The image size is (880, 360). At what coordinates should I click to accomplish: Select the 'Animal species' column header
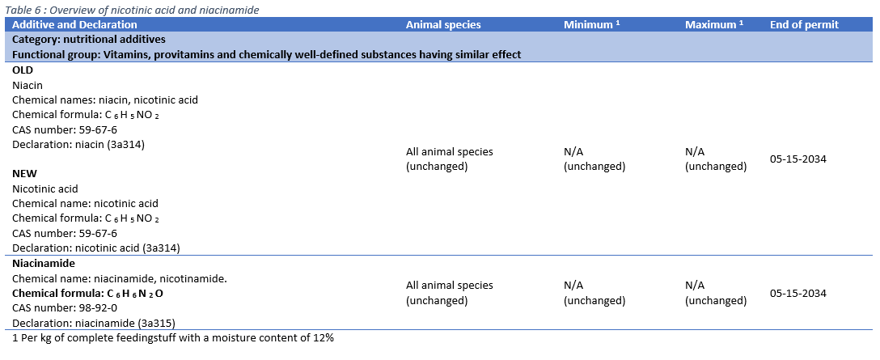443,24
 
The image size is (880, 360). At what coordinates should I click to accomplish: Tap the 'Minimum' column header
591,24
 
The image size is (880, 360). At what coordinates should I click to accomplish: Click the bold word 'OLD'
23,70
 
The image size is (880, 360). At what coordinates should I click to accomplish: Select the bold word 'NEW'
24,174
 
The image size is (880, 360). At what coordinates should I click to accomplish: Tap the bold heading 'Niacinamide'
44,264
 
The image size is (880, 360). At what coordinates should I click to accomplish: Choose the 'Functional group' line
266,54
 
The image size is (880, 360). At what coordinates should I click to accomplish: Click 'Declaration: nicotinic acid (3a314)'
95,248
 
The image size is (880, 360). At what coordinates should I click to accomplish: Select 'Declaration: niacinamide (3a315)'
93,323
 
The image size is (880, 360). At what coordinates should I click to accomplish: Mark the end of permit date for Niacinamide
797,293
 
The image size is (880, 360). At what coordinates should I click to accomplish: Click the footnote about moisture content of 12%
174,337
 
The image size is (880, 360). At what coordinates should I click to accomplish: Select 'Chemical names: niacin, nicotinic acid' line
105,100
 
